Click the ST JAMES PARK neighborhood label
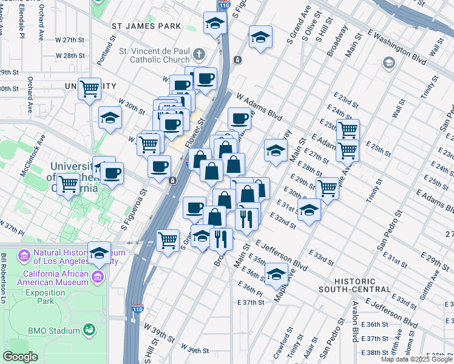[146, 26]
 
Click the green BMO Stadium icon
[89, 330]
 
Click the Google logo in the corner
[20, 357]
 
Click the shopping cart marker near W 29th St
[89, 89]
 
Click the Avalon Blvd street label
[353, 321]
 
